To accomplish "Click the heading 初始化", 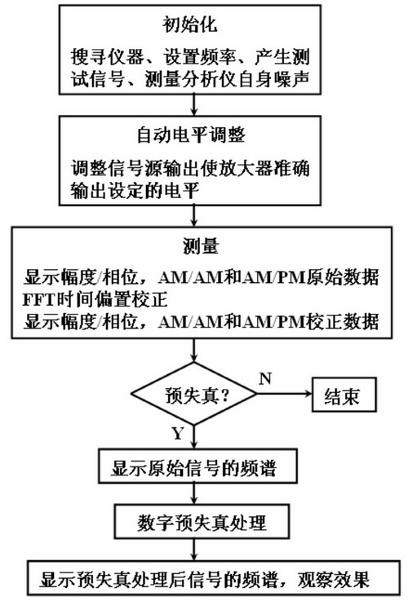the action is [189, 24].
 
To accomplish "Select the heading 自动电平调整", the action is [191, 135].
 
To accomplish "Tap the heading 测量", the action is [201, 245].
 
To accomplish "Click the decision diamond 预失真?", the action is [193, 394].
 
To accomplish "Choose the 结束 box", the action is [344, 395].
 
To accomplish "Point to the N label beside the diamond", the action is [265, 378].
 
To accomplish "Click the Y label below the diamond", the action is [178, 434].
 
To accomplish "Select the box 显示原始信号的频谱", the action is [197, 466].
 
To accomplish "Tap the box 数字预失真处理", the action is [202, 522].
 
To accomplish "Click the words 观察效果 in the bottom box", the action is [333, 579].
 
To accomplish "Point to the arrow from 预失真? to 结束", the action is [284, 394].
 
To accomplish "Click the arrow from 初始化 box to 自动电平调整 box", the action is [194, 105].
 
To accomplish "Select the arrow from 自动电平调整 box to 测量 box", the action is [194, 216].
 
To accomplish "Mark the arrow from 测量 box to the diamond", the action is [194, 351].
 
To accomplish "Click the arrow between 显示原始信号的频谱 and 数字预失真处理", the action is [194, 493].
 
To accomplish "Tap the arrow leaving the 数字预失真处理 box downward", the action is [194, 550].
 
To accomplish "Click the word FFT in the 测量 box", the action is [38, 299].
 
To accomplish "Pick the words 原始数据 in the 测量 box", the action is [343, 276].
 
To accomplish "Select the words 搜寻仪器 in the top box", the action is [107, 57].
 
